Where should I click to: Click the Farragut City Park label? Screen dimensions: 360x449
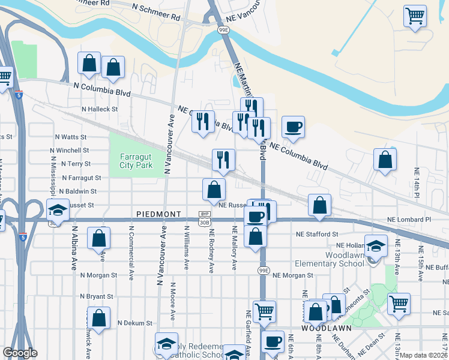pyautogui.click(x=136, y=160)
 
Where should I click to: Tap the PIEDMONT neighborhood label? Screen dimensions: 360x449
pyautogui.click(x=158, y=214)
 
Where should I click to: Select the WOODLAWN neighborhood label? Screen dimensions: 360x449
pyautogui.click(x=322, y=329)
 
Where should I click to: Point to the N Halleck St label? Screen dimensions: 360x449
pyautogui.click(x=100, y=109)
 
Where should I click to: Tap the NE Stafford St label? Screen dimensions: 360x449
pyautogui.click(x=318, y=234)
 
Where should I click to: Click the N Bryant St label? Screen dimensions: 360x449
pyautogui.click(x=97, y=296)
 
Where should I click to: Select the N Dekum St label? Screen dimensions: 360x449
pyautogui.click(x=135, y=323)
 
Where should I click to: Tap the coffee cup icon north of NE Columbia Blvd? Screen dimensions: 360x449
pyautogui.click(x=293, y=127)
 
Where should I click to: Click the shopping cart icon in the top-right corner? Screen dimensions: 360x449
pyautogui.click(x=415, y=16)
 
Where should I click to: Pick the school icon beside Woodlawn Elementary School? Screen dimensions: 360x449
pyautogui.click(x=376, y=246)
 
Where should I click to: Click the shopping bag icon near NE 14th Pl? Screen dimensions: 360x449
pyautogui.click(x=385, y=160)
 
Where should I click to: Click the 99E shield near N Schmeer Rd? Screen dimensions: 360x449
pyautogui.click(x=223, y=29)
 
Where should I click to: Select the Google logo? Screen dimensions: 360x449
pyautogui.click(x=20, y=353)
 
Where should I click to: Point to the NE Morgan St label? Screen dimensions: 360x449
pyautogui.click(x=294, y=275)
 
